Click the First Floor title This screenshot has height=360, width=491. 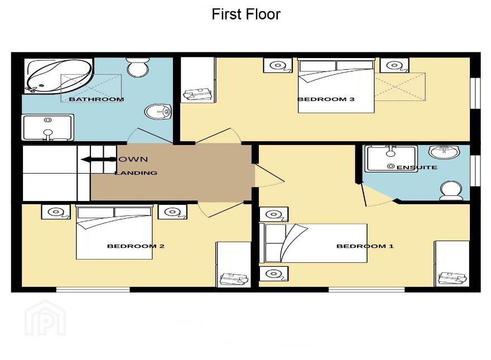tap(246, 14)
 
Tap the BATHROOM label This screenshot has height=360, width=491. tap(97, 99)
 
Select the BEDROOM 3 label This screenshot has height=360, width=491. tap(326, 99)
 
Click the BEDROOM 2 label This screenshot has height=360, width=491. tap(136, 246)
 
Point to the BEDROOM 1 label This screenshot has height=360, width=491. tap(365, 246)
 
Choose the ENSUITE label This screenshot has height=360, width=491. tap(417, 167)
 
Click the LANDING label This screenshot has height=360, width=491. tap(136, 172)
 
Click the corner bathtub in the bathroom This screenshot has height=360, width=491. tap(59, 75)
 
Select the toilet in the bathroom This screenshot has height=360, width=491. tap(137, 67)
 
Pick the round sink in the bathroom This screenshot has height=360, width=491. tap(158, 112)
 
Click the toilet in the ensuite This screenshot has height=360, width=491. tap(451, 190)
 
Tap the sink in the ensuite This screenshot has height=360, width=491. tap(444, 152)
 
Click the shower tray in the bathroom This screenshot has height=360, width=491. tap(47, 127)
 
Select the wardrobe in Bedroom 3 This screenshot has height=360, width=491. tap(198, 80)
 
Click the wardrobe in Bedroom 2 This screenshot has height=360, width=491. tap(234, 264)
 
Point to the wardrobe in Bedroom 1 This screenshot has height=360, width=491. tap(451, 263)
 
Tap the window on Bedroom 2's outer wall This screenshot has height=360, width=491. tap(93, 290)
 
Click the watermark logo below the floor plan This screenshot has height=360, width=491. tap(45, 318)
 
